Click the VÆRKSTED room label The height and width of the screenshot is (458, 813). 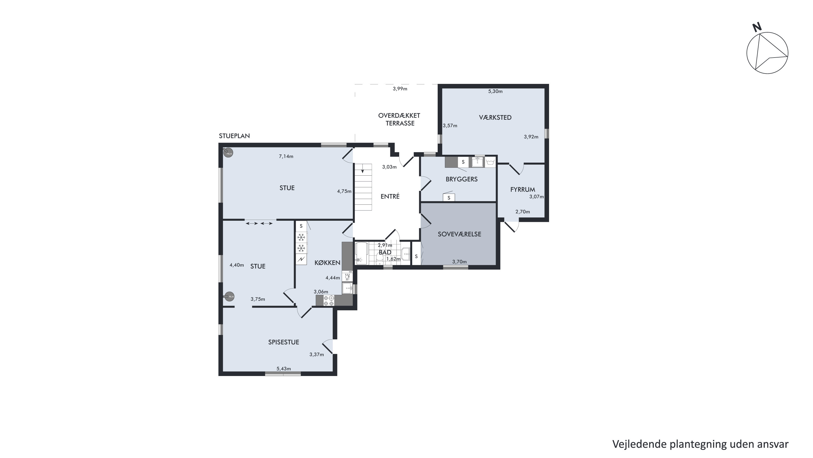(x=495, y=118)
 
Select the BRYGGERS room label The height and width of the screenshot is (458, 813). (x=462, y=179)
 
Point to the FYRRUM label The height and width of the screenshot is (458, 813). (x=523, y=190)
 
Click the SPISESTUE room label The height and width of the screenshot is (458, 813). (x=283, y=342)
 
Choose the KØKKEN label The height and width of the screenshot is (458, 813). (x=327, y=263)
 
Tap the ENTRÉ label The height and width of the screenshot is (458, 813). (x=390, y=196)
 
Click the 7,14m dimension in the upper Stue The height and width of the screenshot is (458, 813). (x=286, y=156)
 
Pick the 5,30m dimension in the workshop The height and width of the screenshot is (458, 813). (x=495, y=91)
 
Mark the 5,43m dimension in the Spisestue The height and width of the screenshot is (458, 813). (x=284, y=369)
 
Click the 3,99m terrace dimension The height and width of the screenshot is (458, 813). (x=400, y=89)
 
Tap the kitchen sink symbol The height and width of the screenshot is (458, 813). (x=347, y=288)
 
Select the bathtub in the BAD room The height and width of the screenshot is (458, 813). (x=362, y=253)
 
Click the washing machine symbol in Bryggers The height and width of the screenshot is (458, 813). (x=490, y=162)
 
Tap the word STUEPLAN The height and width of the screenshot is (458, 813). (x=234, y=136)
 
